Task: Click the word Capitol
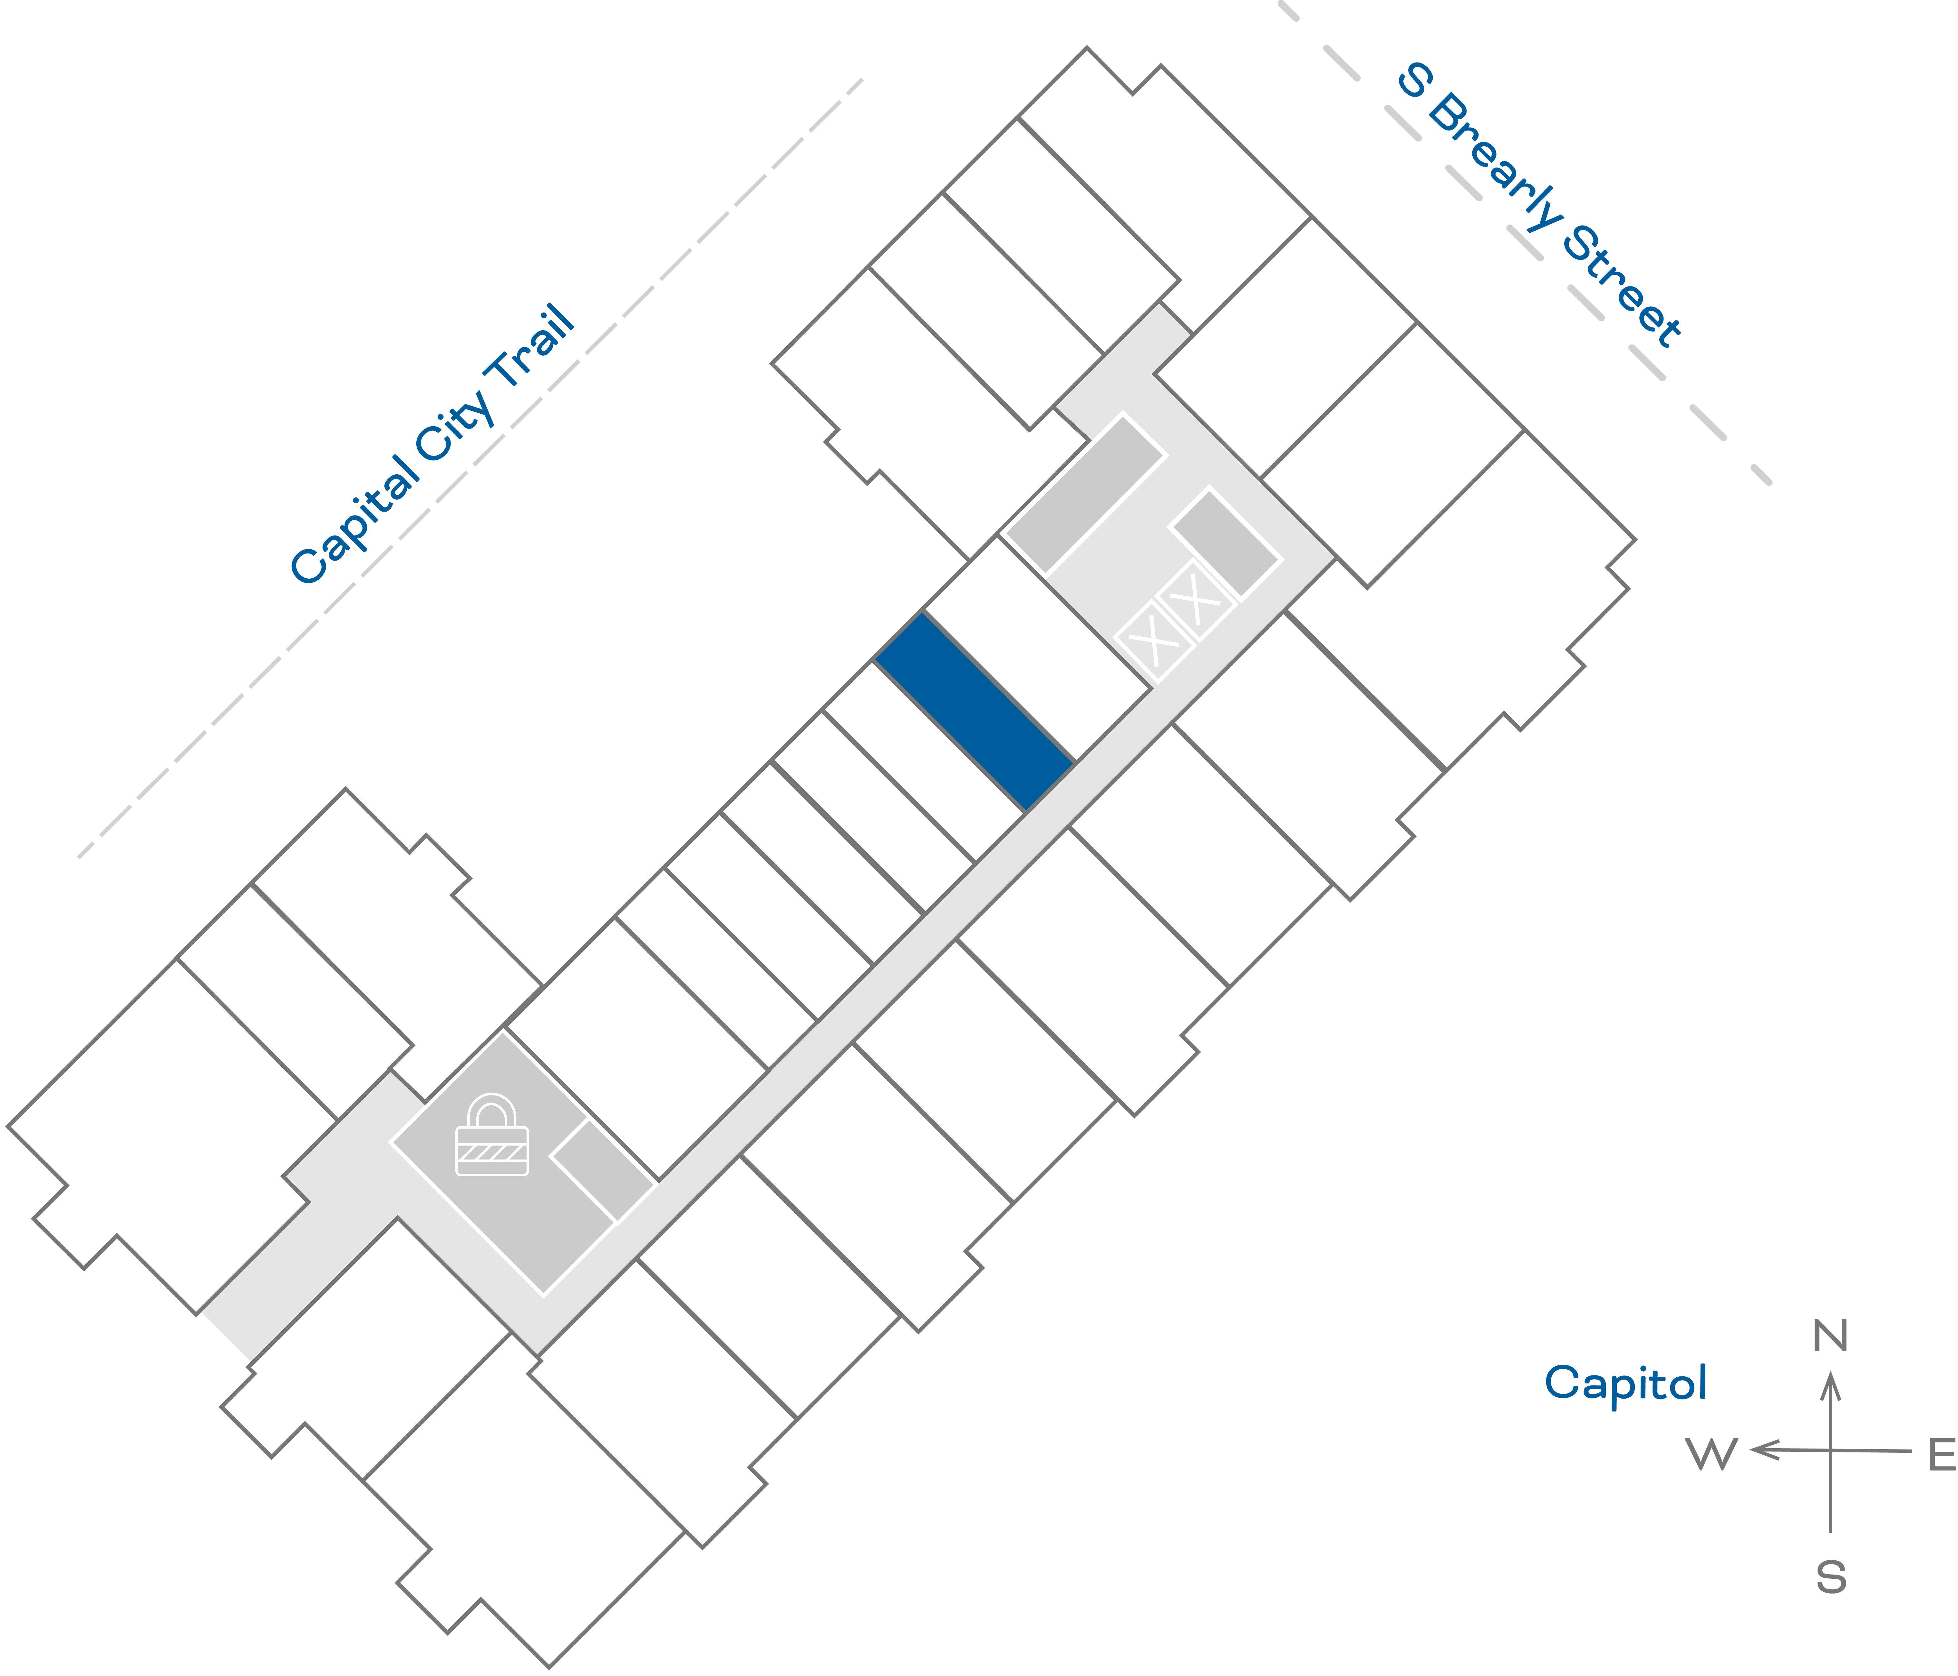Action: tap(1625, 1383)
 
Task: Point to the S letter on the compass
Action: tap(1830, 1578)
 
